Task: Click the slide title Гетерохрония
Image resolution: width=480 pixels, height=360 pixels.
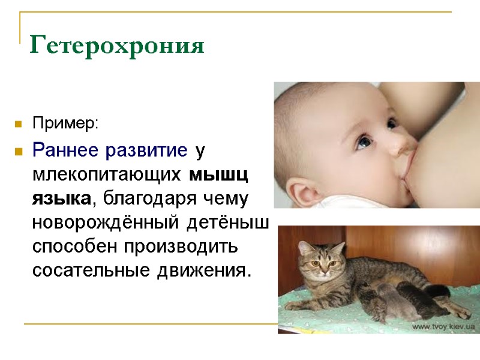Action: click(117, 44)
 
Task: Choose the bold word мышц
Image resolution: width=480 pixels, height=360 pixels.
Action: click(220, 174)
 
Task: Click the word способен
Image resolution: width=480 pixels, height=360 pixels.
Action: click(75, 247)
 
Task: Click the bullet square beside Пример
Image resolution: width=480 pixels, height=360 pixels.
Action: click(19, 125)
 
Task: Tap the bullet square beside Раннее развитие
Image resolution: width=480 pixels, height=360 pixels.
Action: click(19, 151)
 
